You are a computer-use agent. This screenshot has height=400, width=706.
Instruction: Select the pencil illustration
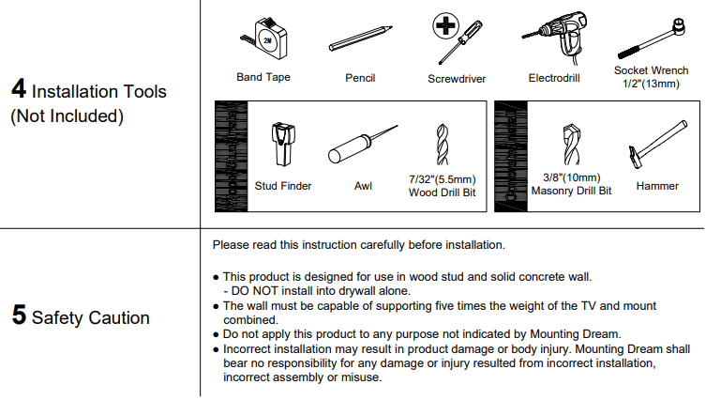coord(360,40)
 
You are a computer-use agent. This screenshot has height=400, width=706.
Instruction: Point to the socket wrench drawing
coord(651,37)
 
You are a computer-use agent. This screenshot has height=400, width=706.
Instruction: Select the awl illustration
coord(362,146)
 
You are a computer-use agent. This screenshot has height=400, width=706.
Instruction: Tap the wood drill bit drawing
coord(443,145)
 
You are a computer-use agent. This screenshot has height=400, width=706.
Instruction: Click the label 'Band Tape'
coord(263,78)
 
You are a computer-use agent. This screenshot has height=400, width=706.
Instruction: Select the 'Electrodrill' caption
coord(553,78)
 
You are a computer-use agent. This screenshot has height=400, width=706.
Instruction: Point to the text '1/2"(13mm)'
coord(651,84)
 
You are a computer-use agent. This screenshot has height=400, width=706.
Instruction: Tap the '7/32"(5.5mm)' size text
coord(443,179)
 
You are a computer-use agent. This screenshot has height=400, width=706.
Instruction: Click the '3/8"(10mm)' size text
coord(571,177)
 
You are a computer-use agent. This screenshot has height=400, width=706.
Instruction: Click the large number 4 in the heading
coord(19,91)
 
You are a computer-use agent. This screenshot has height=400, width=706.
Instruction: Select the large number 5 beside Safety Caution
coord(19,316)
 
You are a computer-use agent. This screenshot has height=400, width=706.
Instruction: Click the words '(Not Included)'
coord(67,116)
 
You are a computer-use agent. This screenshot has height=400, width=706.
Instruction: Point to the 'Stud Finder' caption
coord(283,186)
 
